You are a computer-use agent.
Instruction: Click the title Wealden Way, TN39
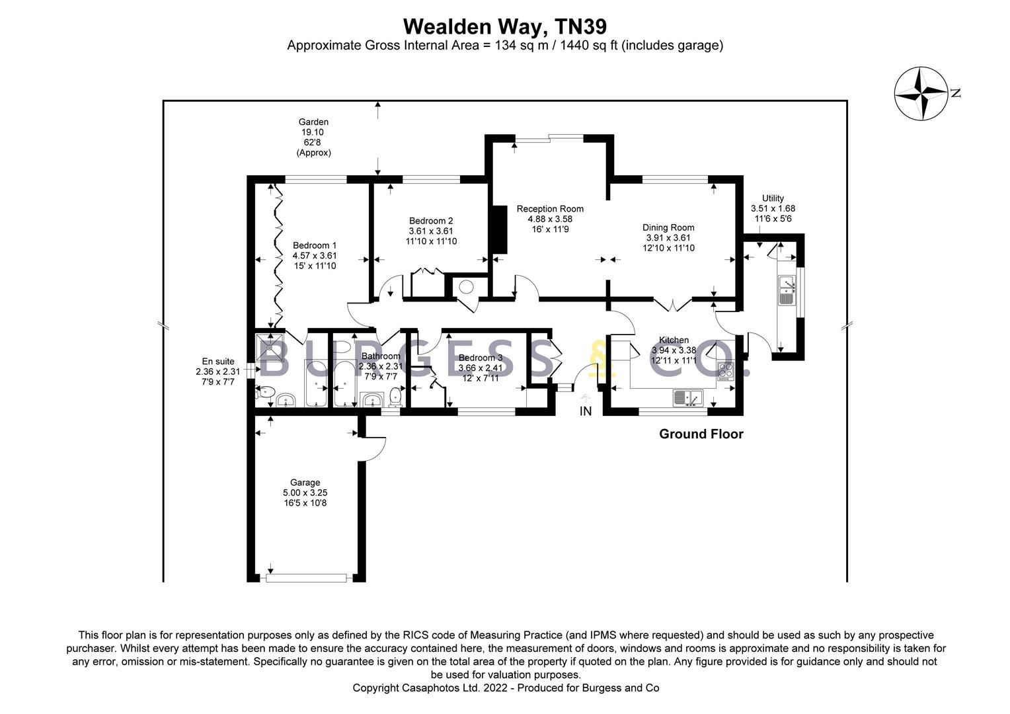click(505, 26)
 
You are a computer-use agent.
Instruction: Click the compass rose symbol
click(921, 94)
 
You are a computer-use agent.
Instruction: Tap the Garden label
click(313, 122)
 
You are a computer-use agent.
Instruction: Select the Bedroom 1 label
click(315, 245)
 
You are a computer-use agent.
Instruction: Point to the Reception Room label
click(550, 209)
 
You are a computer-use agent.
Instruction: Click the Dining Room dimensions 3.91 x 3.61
click(668, 238)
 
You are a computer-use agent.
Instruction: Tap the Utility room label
click(773, 198)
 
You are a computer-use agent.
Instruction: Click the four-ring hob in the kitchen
click(726, 372)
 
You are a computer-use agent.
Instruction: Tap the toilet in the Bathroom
click(395, 397)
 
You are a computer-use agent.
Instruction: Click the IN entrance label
click(585, 411)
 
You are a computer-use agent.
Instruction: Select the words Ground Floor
click(701, 434)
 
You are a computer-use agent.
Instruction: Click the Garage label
click(305, 483)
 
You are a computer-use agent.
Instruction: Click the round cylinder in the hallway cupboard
click(467, 288)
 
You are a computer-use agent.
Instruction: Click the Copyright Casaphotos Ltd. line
click(505, 688)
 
